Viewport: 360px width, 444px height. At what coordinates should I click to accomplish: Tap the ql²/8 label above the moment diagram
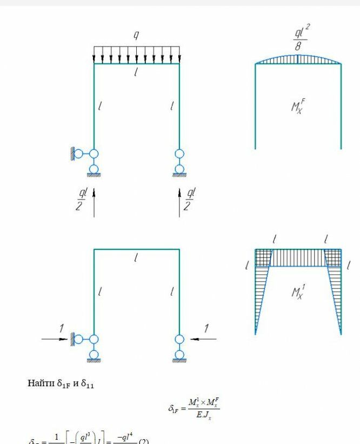[300, 38]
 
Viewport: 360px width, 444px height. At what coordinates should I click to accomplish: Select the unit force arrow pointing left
[204, 339]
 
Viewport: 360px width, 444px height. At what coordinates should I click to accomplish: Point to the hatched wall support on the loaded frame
[71, 154]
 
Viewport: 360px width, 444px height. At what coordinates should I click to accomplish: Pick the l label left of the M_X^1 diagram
[246, 266]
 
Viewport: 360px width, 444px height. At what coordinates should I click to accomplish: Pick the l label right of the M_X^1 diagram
[349, 266]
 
